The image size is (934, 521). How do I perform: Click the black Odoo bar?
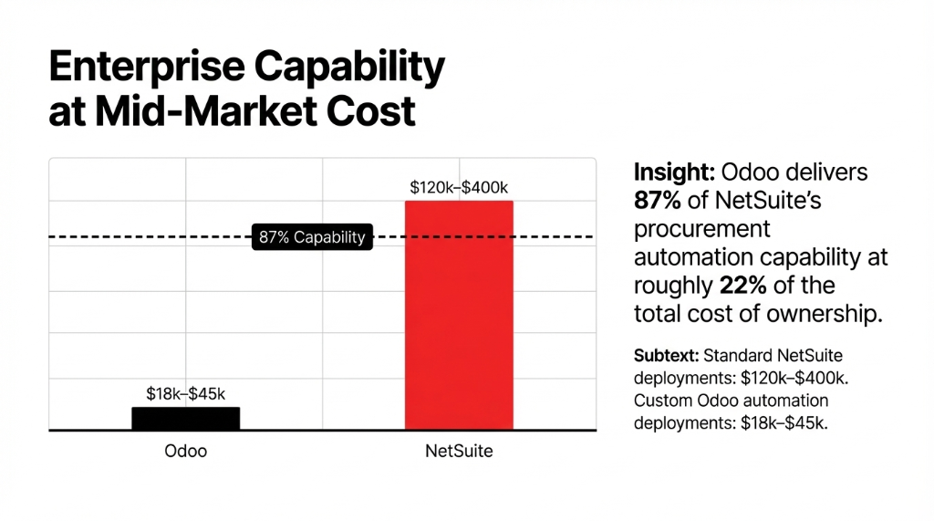coord(185,418)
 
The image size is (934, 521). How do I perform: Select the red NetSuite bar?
coord(459,315)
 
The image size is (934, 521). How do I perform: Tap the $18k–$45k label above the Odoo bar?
coord(185,393)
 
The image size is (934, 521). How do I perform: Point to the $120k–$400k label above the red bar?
coord(460,188)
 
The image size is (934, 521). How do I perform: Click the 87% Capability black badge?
coord(312,237)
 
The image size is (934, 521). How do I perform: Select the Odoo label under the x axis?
coord(185,451)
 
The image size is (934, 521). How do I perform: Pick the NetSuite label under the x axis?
coord(459,451)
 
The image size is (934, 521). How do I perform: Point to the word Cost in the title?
coord(373,111)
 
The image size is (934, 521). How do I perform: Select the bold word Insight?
coord(673,172)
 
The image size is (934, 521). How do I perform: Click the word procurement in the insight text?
coord(702,228)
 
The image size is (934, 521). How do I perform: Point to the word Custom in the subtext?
coord(659,401)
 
